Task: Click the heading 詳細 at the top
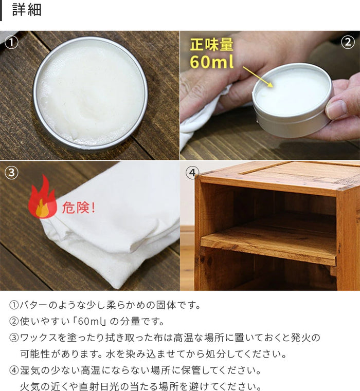coord(27,10)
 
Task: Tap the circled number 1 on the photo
coord(11,43)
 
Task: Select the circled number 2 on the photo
coord(348,42)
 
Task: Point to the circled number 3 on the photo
coord(11,173)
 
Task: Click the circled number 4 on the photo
coord(192,173)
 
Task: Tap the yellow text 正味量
coord(212,45)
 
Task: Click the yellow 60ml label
coord(212,62)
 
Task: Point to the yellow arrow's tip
coord(273,87)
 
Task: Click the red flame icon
coord(42,197)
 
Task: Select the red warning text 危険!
coord(78,208)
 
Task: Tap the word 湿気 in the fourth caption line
coord(30,370)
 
